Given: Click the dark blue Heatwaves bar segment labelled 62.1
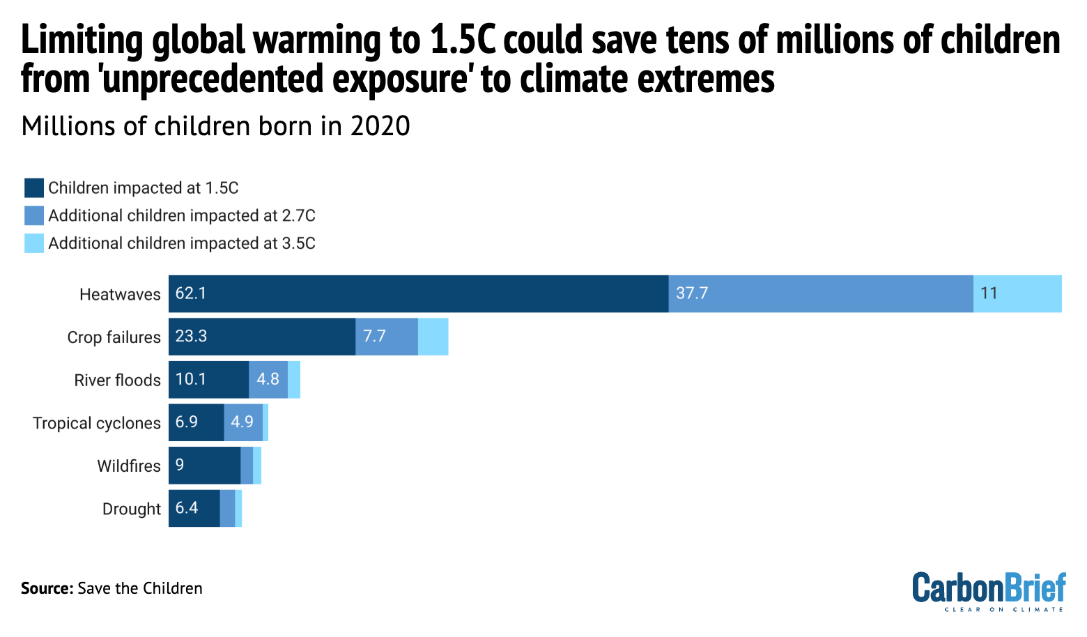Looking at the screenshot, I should click(x=418, y=293).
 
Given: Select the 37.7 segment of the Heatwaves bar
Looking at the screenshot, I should click(x=820, y=293).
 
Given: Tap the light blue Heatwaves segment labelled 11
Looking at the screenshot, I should click(x=1017, y=293).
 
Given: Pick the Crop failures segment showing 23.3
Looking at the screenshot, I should click(x=262, y=337).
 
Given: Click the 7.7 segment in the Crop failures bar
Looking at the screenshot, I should click(x=387, y=337).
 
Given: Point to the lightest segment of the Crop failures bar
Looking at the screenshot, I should click(x=433, y=337).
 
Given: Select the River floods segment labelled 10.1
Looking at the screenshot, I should click(x=208, y=380).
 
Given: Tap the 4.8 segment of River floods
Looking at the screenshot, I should click(x=268, y=380).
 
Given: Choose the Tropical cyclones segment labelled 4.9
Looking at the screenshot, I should click(x=243, y=422).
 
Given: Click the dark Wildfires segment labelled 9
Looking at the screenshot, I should click(x=204, y=466).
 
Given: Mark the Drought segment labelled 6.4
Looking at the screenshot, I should click(x=194, y=508).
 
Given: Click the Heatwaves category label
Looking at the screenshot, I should click(x=120, y=294).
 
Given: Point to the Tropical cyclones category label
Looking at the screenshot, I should click(x=97, y=423).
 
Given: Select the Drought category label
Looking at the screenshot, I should click(x=131, y=509).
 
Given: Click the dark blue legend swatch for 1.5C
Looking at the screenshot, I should click(x=34, y=188).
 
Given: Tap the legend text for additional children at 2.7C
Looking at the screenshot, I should click(x=181, y=216).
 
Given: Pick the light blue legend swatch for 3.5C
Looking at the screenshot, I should click(x=34, y=243).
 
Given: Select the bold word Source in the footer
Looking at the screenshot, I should click(x=47, y=588).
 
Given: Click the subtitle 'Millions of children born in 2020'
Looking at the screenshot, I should click(x=215, y=127).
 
